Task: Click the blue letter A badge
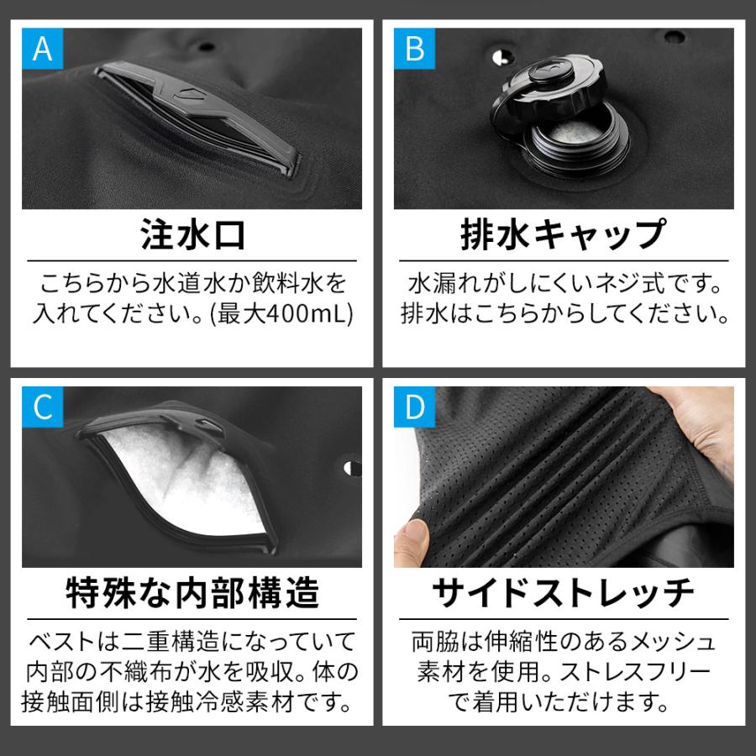(42, 48)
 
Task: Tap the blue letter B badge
(414, 48)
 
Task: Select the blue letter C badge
(42, 407)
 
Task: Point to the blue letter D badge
(414, 407)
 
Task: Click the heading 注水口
(192, 236)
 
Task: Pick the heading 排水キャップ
(563, 236)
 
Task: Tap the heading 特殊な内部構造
(192, 594)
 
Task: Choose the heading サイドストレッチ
(563, 594)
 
